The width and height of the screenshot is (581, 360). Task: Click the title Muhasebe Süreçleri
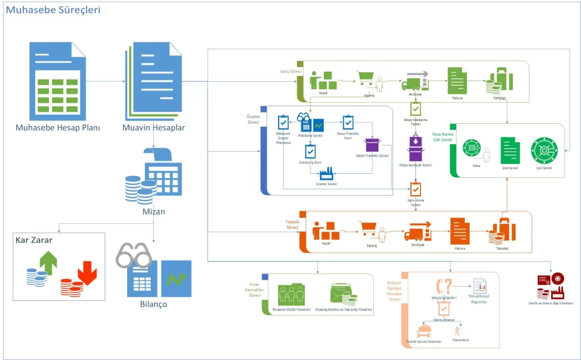pos(53,10)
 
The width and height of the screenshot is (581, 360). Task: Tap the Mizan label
pos(154,211)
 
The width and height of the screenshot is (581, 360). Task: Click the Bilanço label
pos(153,304)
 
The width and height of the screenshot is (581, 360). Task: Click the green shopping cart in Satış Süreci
pos(366,79)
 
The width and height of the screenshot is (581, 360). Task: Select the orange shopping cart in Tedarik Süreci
pos(369,229)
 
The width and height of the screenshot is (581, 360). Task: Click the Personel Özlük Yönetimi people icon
pos(292,295)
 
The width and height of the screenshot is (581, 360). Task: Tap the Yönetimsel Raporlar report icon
pos(480,286)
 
